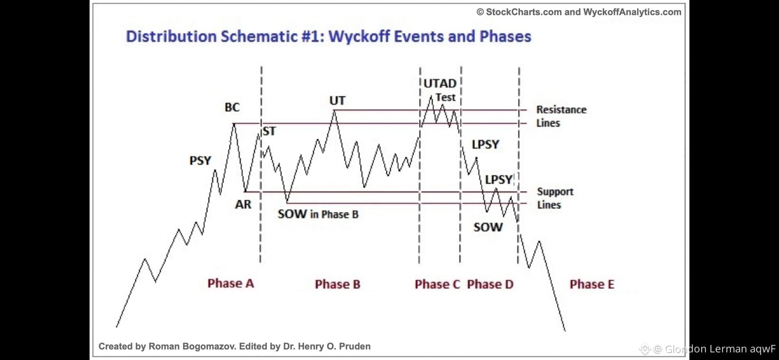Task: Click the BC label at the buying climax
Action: point(232,107)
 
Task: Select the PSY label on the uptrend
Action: point(200,161)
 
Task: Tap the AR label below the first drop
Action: point(243,204)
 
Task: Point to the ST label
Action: point(269,131)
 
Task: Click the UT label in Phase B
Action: point(337,101)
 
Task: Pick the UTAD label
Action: point(440,83)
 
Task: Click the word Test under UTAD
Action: point(446,97)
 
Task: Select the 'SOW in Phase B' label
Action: point(318,214)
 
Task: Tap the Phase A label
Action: point(231,283)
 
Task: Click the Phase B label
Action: point(338,284)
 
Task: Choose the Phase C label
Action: point(437,284)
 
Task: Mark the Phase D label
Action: point(490,284)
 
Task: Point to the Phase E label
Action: point(592,284)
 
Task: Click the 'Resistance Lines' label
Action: point(561,116)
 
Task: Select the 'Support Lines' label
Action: point(555,198)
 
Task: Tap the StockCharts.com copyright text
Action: point(579,12)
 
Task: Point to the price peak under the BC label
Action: point(234,124)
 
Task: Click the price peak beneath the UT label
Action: point(334,110)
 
